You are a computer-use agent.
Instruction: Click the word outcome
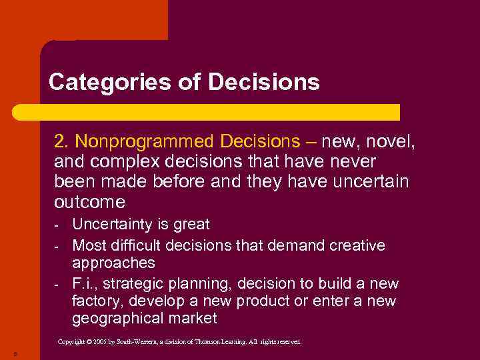point(89,201)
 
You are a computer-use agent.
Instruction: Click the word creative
point(357,245)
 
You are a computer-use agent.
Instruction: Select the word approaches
point(113,263)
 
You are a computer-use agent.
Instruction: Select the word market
point(195,319)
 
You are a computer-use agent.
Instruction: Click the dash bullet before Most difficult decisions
point(57,246)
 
